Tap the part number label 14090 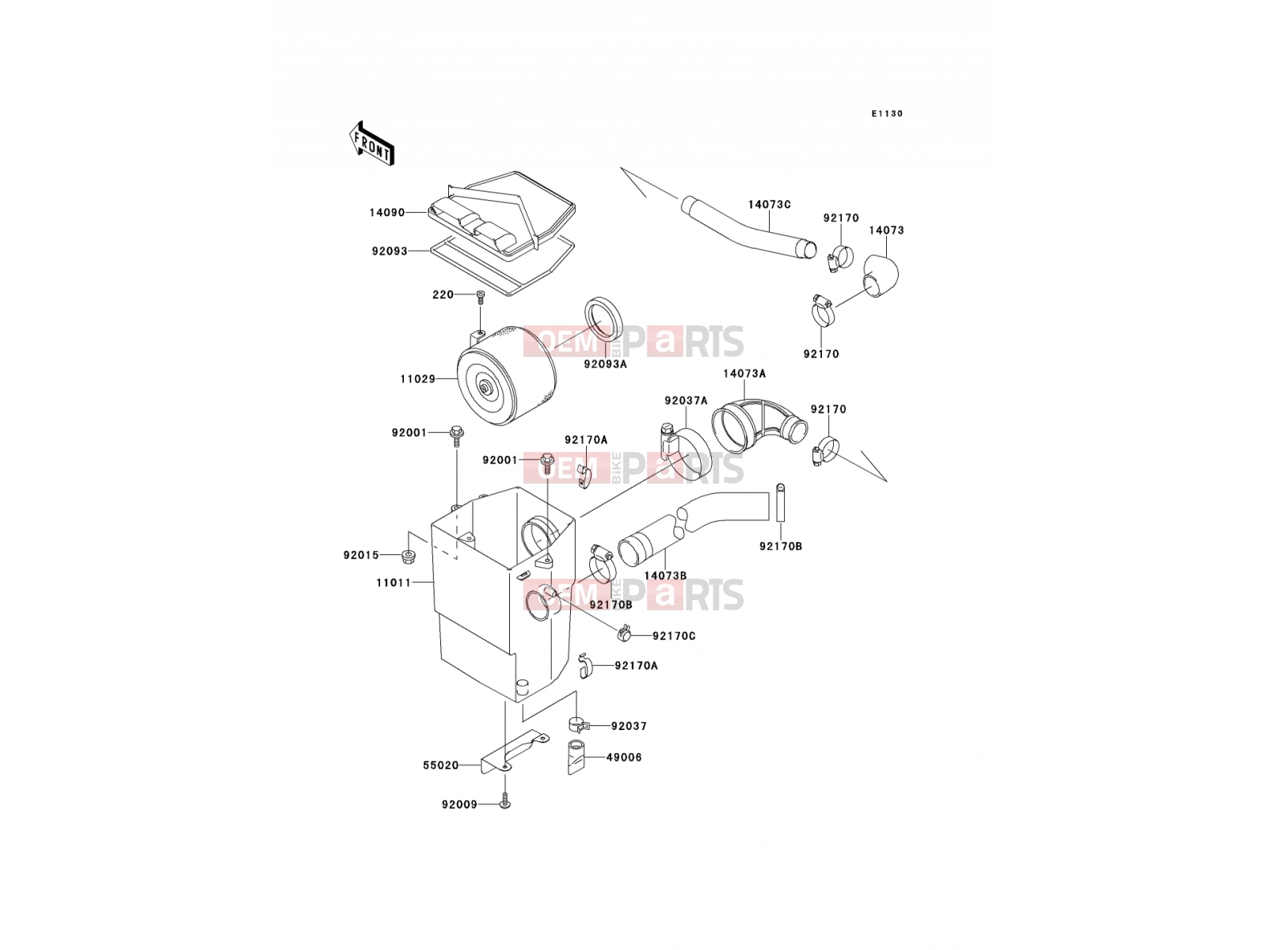[387, 213]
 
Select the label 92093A [605, 364]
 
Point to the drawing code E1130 [887, 114]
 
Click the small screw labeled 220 [480, 296]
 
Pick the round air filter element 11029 [506, 377]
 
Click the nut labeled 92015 [409, 557]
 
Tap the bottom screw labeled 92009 [505, 802]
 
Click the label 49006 [624, 758]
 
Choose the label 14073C [770, 205]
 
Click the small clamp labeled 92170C [623, 634]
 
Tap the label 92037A [686, 401]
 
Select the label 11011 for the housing [394, 583]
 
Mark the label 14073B [665, 576]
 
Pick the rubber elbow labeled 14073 [881, 276]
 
